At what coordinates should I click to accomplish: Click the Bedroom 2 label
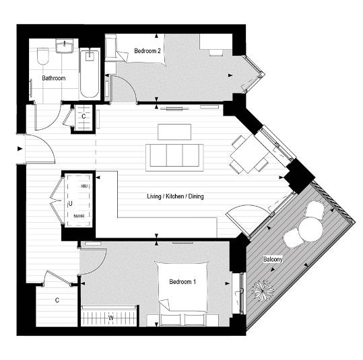click(x=146, y=50)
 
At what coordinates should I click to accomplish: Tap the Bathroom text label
click(x=54, y=78)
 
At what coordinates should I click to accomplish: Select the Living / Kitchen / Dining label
click(x=175, y=196)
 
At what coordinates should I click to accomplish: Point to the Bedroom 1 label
click(x=183, y=281)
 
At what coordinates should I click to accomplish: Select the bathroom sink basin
click(x=66, y=48)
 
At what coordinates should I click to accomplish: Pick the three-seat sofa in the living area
click(x=175, y=155)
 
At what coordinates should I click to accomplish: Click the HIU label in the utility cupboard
click(x=84, y=185)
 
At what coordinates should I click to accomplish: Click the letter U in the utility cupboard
click(x=70, y=201)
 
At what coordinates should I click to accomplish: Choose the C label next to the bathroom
click(x=84, y=116)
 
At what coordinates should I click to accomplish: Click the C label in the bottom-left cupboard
click(x=57, y=300)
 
